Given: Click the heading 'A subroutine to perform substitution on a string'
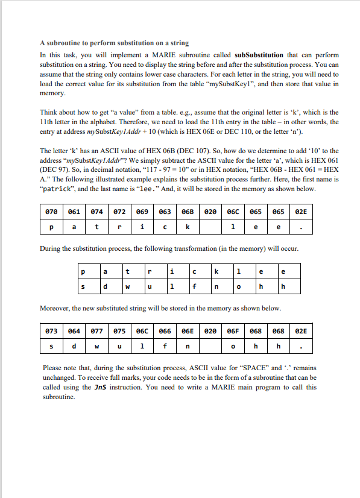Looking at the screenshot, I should point(114,43).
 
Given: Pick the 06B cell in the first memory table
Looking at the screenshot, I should point(187,212).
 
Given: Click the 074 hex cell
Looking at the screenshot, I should point(96,212).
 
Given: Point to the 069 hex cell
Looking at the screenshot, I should point(142,212).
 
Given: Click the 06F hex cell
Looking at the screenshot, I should point(233,331).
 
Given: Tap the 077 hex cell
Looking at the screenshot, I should point(96,331).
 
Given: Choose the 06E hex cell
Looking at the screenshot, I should point(187,331).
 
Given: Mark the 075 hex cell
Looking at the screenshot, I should point(119,331).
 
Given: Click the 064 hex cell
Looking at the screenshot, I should point(74,331).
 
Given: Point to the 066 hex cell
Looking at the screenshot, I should point(165,331).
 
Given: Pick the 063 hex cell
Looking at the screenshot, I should point(165,212).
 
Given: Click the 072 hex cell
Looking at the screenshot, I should point(119,212).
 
